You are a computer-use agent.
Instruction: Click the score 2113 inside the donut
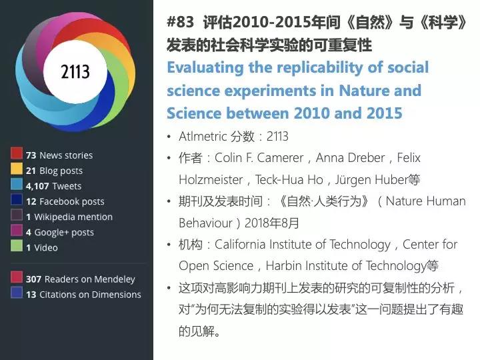coord(75,71)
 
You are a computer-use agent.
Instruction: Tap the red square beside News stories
coord(17,153)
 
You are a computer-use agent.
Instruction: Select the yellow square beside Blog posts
coord(17,169)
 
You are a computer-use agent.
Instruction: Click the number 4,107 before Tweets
coord(37,186)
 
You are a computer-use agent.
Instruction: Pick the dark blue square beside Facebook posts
coord(17,199)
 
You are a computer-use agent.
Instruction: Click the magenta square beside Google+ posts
coord(17,231)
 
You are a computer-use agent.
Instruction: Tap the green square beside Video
coord(17,246)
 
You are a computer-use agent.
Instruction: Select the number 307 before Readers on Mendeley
coord(34,279)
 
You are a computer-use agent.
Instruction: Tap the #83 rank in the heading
coord(180,22)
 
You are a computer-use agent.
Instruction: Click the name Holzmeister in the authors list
coord(211,180)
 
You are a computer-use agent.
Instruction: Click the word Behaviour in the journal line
coord(206,223)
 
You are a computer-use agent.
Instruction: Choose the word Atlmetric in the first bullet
coord(203,136)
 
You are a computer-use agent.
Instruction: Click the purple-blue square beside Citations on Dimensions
coord(17,293)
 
